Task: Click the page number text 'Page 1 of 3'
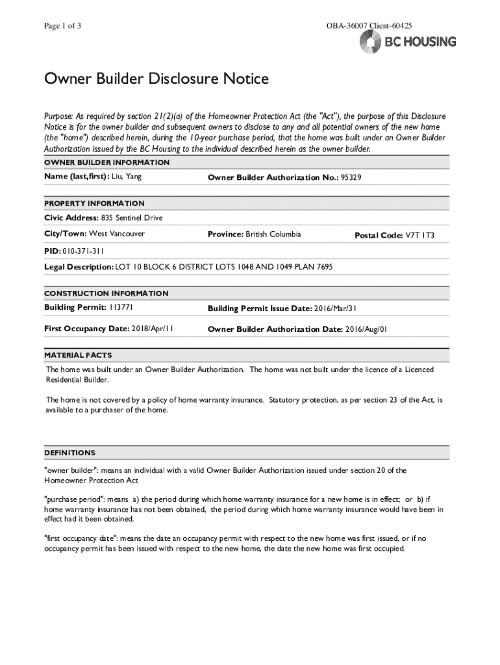62,26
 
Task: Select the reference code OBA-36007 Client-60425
369,26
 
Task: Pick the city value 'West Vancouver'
117,234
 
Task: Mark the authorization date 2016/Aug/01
366,330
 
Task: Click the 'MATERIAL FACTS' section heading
78,355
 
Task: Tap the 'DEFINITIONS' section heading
69,453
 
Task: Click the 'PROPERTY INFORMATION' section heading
94,203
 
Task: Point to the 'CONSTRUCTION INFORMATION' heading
106,294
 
